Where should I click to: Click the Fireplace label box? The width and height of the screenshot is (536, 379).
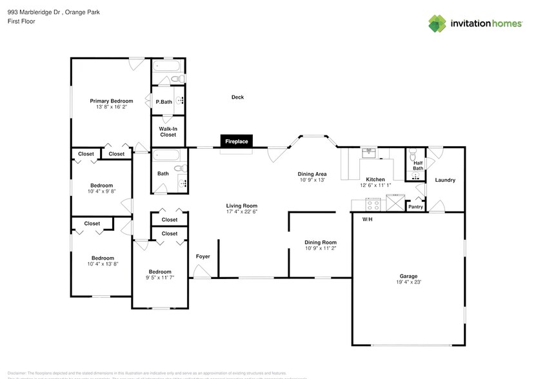[x=237, y=141]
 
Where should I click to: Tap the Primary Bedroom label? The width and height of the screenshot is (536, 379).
[x=112, y=101]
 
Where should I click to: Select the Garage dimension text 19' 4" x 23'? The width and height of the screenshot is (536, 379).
[x=409, y=282]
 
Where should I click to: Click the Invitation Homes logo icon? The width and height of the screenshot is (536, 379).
[x=438, y=24]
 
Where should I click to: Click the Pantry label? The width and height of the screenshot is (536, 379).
[x=415, y=207]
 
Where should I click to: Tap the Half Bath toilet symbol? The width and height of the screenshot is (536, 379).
[x=413, y=155]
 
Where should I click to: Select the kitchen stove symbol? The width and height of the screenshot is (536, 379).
[x=373, y=205]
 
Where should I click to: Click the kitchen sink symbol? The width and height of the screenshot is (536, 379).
[x=370, y=153]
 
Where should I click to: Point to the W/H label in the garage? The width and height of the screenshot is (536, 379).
[x=367, y=220]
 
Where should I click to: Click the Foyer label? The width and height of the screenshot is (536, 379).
[x=203, y=257]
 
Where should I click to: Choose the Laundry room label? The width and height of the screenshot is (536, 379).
[x=445, y=180]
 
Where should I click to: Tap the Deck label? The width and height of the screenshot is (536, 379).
[x=237, y=97]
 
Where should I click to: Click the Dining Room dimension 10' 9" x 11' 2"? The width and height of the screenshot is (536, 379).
[x=321, y=248]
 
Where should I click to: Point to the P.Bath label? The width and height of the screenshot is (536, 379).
[x=164, y=102]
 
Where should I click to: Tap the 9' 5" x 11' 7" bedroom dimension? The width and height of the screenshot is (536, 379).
[x=160, y=278]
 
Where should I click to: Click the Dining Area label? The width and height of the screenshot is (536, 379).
[x=312, y=174]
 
